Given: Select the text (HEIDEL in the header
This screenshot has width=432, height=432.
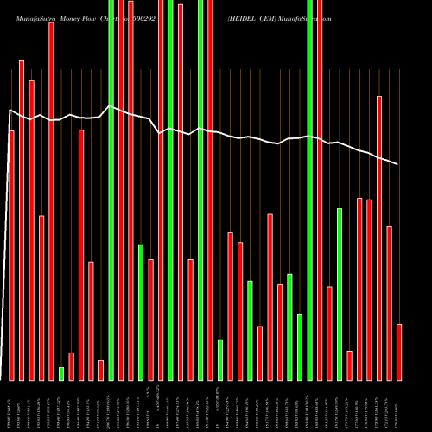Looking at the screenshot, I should [245, 17].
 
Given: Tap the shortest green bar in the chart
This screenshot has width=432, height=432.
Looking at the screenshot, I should [61, 373].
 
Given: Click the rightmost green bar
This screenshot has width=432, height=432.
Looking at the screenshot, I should [340, 294].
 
